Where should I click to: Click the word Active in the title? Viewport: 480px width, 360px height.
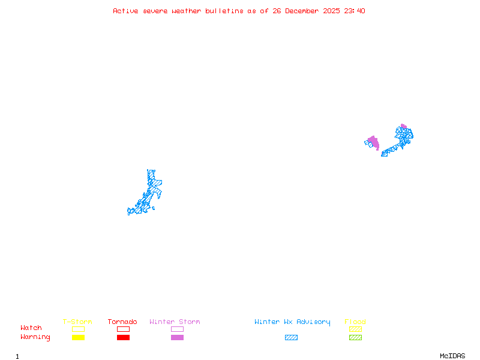coord(126,11)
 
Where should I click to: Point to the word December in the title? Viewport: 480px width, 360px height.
coord(304,11)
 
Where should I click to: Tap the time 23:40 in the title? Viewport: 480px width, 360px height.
coord(355,11)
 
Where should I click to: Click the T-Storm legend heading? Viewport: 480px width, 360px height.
coord(77,322)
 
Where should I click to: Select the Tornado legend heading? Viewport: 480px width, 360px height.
coord(122,322)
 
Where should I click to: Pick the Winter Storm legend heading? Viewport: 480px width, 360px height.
coord(175,322)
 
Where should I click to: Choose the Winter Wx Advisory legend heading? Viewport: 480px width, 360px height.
coord(292,322)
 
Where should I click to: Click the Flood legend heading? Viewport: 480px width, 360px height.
coord(355,322)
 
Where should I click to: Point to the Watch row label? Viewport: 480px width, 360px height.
coord(31,328)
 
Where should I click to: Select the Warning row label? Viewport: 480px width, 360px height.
coord(35,337)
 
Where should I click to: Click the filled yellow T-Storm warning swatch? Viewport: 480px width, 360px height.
coord(78,337)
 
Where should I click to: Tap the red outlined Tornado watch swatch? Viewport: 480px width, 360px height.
coord(123,329)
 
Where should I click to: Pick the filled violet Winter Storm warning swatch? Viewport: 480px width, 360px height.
coord(177,337)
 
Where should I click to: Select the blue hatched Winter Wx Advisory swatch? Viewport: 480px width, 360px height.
coord(291,337)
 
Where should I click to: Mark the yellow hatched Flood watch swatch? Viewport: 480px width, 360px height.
coord(355,329)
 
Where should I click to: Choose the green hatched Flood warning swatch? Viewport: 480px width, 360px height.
coord(355,337)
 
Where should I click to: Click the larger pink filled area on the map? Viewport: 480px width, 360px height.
coord(374,142)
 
